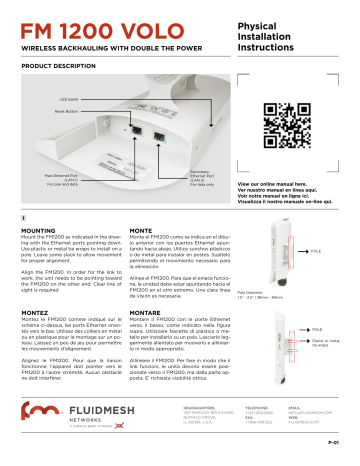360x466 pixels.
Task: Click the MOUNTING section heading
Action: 39,229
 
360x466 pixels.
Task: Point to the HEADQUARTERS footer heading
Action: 187,407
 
